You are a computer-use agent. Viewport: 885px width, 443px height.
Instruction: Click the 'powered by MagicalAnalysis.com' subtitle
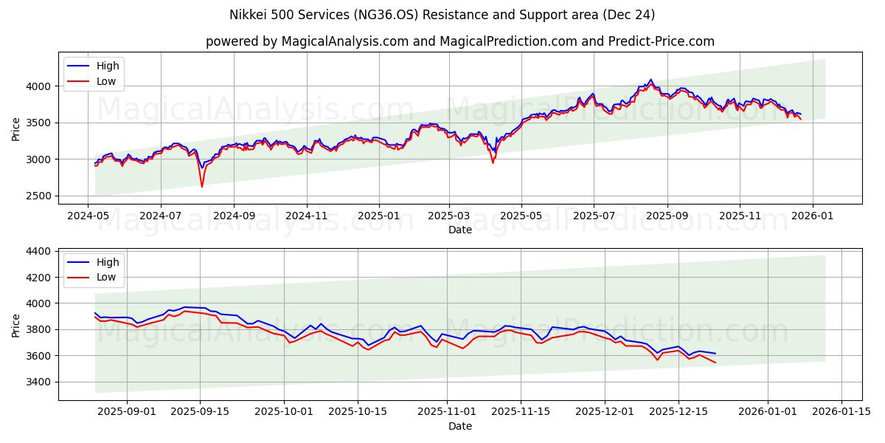(x=460, y=41)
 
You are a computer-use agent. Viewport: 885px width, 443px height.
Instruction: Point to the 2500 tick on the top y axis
(x=40, y=196)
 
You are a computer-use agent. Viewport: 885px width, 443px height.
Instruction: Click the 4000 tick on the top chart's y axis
(x=40, y=86)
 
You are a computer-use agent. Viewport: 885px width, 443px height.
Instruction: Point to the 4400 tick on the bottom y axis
(x=40, y=251)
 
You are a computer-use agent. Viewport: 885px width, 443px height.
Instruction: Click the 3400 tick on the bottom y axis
(x=40, y=382)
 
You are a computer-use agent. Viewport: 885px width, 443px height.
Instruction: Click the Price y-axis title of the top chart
(x=16, y=129)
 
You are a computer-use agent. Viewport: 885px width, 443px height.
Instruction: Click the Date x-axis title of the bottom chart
(x=460, y=427)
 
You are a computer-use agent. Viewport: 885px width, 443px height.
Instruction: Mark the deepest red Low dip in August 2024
(x=202, y=186)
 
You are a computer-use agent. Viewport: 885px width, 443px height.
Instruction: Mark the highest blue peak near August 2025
(x=650, y=80)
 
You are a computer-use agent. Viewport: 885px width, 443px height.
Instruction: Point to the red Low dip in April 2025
(x=493, y=162)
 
